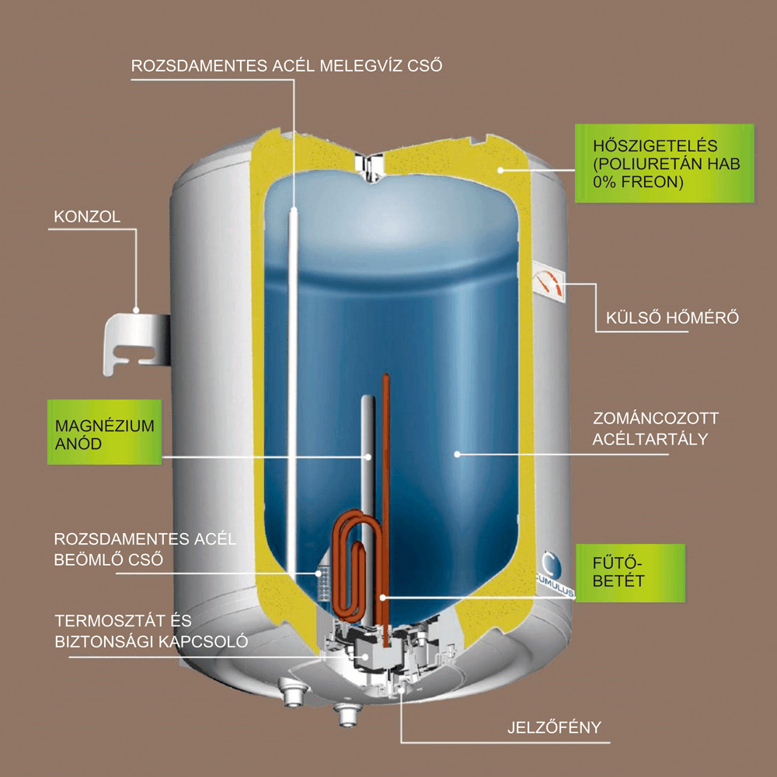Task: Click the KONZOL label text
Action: click(87, 217)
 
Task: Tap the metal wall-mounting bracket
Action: click(136, 342)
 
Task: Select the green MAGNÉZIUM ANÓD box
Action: click(105, 432)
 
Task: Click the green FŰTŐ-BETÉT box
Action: click(630, 573)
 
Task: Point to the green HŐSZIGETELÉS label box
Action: click(664, 163)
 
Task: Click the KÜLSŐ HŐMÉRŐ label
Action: click(672, 317)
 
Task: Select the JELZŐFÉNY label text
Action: click(554, 727)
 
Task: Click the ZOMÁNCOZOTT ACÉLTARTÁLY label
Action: click(655, 429)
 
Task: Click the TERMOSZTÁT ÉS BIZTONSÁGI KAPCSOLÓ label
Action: click(152, 631)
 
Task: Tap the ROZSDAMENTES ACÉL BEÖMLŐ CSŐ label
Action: click(145, 549)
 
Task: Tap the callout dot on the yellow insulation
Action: click(500, 170)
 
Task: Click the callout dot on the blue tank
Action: click(457, 454)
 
